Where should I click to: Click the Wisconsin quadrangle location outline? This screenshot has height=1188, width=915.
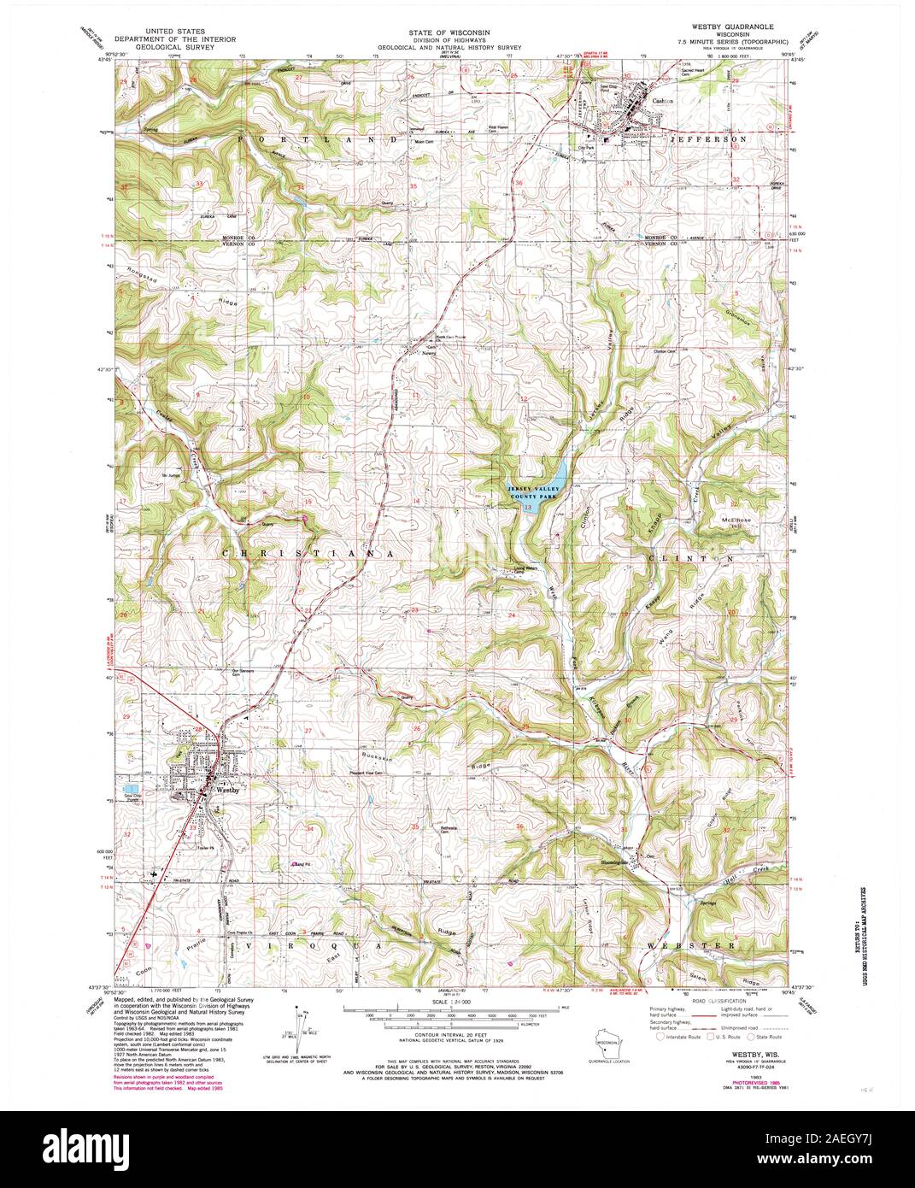(x=608, y=1044)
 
